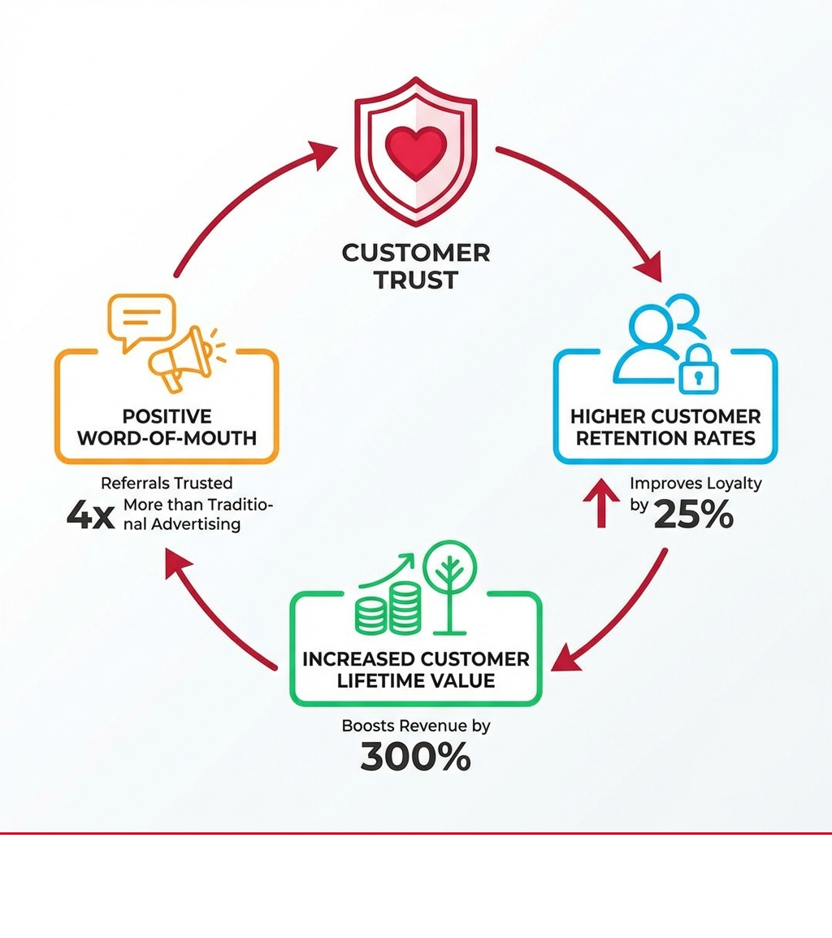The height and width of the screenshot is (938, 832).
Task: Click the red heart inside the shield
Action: coord(416,152)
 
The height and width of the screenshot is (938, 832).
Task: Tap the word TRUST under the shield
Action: coord(416,280)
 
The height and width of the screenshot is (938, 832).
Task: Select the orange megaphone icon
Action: coord(180,358)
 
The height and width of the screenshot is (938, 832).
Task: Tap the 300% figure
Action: coord(415,758)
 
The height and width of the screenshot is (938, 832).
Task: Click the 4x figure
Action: coord(91,516)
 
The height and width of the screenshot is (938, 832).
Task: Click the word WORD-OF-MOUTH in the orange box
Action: coord(167,439)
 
